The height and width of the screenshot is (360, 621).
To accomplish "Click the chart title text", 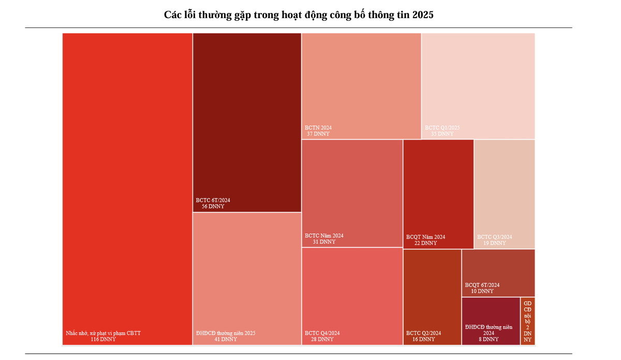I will (x=299, y=14).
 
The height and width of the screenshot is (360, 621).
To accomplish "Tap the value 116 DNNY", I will (x=103, y=339).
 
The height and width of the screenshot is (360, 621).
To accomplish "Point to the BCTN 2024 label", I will (x=318, y=127).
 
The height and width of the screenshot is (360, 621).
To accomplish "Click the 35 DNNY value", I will (x=442, y=133).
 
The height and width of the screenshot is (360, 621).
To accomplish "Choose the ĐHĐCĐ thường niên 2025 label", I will (x=226, y=333).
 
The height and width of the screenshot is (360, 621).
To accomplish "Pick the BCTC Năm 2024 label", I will (x=324, y=235).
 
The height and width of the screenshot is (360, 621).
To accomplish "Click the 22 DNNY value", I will (x=425, y=243).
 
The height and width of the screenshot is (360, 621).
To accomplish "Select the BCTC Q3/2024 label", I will (x=494, y=237).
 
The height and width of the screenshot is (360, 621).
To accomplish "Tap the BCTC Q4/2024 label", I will (x=322, y=333).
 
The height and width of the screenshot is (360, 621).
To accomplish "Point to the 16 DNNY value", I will (x=423, y=339).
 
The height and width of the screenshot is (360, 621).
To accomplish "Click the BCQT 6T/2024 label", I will (x=482, y=285).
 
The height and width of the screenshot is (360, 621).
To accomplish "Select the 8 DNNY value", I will (x=488, y=339).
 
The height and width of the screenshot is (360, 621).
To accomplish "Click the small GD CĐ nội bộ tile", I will (x=527, y=321).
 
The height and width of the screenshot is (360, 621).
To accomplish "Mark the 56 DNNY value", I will (x=213, y=206).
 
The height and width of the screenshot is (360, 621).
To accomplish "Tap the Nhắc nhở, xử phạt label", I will (x=103, y=333).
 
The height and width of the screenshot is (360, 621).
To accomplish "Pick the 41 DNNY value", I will (x=225, y=339).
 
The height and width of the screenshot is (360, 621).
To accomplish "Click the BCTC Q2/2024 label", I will (x=423, y=333).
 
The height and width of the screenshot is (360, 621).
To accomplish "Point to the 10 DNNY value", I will (x=482, y=291).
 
